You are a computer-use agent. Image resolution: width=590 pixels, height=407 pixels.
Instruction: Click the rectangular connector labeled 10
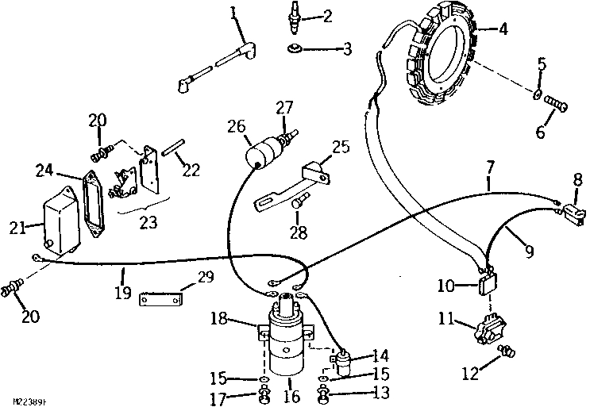[485, 284]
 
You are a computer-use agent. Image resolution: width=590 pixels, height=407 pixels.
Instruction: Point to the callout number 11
[445, 320]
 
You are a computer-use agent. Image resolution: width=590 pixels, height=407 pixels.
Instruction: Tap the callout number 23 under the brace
[147, 224]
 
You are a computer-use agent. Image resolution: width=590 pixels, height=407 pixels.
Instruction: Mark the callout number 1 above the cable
[233, 12]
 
